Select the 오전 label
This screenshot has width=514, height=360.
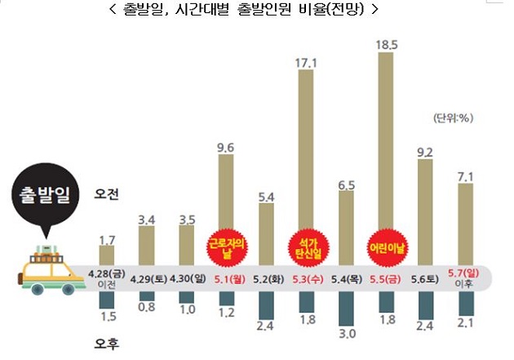click(108, 194)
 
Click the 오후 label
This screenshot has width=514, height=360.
click(108, 344)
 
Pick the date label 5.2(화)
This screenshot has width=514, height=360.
click(267, 278)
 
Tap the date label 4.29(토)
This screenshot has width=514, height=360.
click(147, 278)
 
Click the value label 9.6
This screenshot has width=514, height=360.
click(228, 147)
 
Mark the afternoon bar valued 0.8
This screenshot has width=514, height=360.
click(147, 295)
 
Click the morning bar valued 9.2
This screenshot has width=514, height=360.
click(424, 212)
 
